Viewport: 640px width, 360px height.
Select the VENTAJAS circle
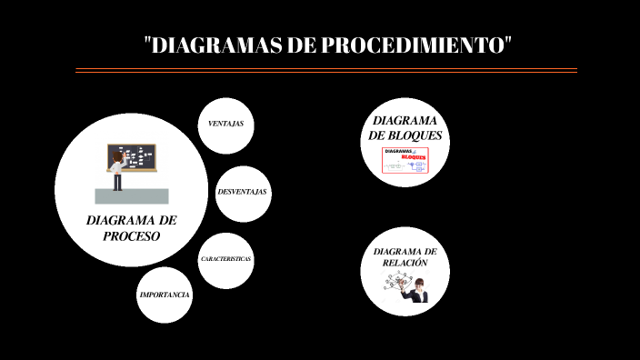pos(225,124)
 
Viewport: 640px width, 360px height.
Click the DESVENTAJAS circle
pos(243,193)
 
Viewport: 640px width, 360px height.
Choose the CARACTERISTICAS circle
pos(225,260)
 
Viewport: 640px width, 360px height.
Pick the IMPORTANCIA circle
pos(165,295)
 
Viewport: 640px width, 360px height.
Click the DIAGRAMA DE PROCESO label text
pos(132,228)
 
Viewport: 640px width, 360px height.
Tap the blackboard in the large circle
pos(133,157)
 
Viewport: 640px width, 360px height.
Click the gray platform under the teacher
pos(132,195)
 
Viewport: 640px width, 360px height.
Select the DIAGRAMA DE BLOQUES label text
pos(405,127)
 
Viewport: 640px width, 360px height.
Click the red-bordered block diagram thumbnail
pos(405,160)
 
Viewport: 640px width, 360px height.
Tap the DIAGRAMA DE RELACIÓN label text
pos(405,256)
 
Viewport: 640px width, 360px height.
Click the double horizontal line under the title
pos(325,70)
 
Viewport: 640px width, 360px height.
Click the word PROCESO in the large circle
pos(132,236)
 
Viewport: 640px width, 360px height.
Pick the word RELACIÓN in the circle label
pos(405,263)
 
